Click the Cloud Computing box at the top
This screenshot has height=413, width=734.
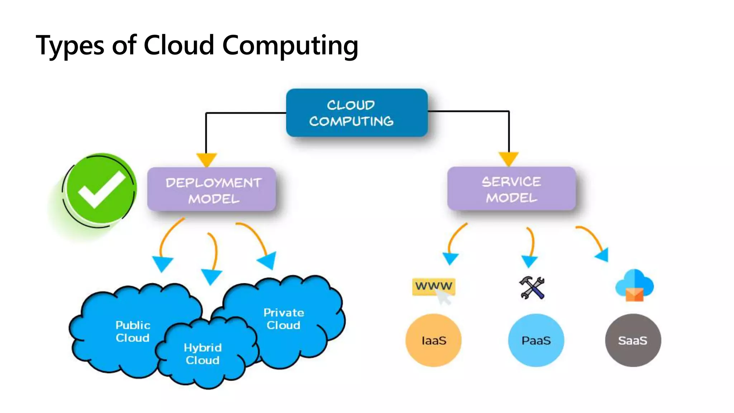[x=357, y=113]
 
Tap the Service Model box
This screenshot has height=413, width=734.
[x=511, y=189]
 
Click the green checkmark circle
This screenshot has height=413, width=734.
[x=101, y=189]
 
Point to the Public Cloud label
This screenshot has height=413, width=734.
[x=133, y=331]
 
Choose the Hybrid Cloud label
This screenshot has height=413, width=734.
[x=202, y=353]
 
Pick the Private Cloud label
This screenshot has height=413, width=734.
[x=283, y=319]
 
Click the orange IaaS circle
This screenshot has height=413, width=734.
[x=433, y=340]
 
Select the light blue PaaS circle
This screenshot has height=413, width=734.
[x=536, y=340]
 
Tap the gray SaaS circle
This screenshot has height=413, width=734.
[x=633, y=340]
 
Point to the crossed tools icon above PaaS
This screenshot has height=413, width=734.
[x=532, y=288]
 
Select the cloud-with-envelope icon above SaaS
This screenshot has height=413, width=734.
[x=634, y=285]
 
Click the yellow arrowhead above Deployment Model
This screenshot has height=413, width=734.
[x=206, y=159]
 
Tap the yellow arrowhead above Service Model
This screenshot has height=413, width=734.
[x=509, y=158]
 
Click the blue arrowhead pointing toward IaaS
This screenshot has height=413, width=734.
[x=450, y=258]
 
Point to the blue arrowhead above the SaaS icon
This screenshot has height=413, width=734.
[x=603, y=255]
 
